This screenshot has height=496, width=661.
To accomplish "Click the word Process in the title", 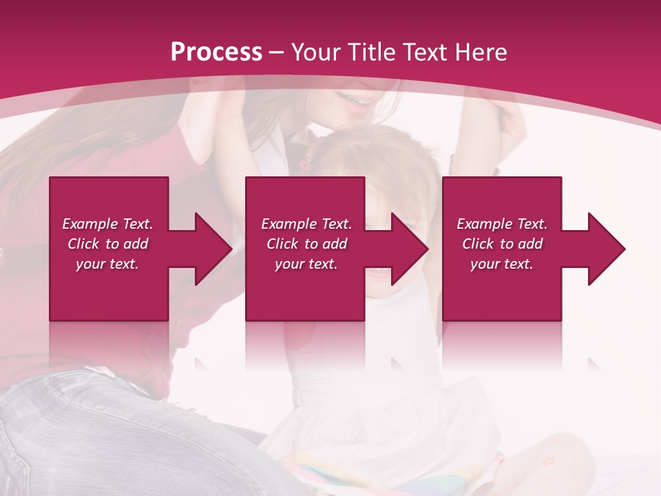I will [216, 52].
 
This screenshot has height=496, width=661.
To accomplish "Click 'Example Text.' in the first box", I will [107, 224].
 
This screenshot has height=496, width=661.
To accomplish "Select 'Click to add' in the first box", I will [107, 244].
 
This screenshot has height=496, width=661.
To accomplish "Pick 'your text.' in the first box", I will [107, 264].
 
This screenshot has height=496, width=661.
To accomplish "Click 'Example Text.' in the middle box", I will [306, 224].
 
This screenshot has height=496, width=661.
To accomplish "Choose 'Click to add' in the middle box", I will [306, 244].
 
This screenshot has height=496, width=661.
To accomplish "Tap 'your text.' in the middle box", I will [306, 264].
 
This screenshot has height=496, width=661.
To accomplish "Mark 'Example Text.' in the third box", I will [502, 224].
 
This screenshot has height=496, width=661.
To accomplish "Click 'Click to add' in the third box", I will [502, 244].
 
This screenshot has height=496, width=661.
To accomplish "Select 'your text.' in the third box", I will [502, 264].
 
